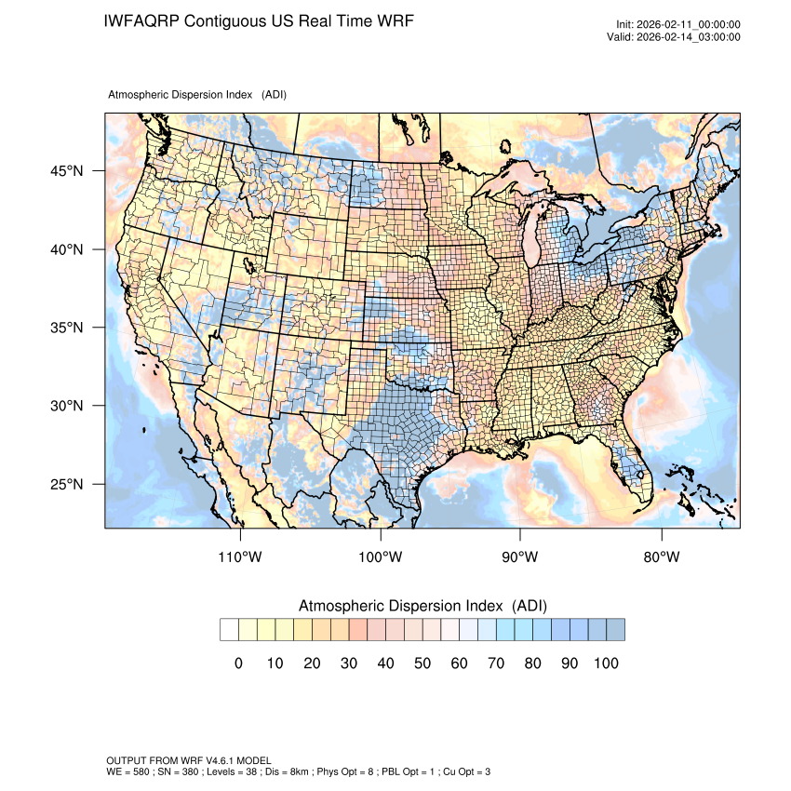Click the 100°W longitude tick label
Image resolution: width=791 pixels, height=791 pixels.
coord(381,557)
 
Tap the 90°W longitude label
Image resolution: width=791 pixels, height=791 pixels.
coord(520,557)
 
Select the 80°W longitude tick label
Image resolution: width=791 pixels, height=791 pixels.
coord(662,557)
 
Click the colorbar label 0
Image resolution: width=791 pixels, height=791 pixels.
coord(238,663)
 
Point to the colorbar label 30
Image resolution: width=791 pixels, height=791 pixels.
coord(348,663)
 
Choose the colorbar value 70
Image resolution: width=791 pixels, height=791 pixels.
coord(495,663)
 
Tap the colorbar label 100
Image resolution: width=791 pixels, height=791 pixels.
coord(605,663)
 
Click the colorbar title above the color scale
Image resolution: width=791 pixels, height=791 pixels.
coord(422,606)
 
